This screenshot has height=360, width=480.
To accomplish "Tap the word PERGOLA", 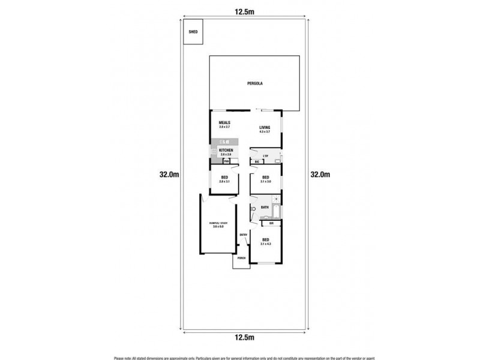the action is (254, 83).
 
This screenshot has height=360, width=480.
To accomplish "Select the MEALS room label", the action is (224, 122).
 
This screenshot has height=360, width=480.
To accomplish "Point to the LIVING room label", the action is (265, 127).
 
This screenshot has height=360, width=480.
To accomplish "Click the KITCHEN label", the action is (226, 150).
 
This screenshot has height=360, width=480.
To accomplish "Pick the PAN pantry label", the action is (227, 161).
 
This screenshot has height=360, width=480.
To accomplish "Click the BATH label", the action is (265, 207).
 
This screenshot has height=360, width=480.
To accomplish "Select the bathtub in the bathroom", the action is (276, 212).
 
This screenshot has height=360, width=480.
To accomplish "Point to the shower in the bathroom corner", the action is (275, 199).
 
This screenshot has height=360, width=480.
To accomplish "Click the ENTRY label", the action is (244, 235).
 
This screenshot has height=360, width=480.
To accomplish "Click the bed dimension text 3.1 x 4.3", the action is (265, 244).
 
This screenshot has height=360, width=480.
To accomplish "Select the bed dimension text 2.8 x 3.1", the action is (225, 182).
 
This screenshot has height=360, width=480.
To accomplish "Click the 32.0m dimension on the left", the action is (169, 175).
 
